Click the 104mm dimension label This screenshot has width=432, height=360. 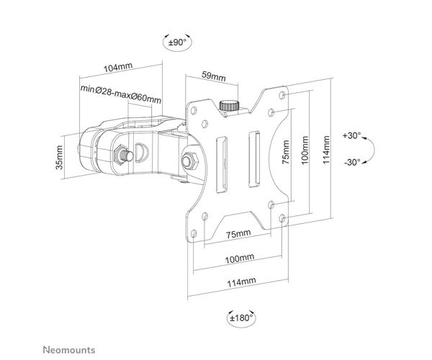(118, 67)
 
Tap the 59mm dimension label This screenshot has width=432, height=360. (214, 76)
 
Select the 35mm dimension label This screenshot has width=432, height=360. (60, 157)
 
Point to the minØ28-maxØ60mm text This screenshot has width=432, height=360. (121, 94)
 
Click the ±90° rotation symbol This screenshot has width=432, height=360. (177, 42)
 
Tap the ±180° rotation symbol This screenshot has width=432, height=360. (241, 318)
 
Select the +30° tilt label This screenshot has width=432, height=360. (351, 135)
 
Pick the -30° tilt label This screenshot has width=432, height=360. (352, 162)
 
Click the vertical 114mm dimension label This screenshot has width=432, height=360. (326, 150)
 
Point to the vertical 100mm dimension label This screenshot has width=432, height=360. (305, 150)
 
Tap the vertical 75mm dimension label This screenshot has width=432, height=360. (286, 152)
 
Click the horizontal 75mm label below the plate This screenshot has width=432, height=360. (238, 234)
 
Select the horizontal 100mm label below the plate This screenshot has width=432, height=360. (240, 258)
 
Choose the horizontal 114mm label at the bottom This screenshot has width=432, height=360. (241, 282)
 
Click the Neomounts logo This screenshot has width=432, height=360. (69, 350)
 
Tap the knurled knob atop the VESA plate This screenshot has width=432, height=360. (229, 106)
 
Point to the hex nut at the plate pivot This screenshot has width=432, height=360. (190, 161)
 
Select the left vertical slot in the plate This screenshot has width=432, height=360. (222, 165)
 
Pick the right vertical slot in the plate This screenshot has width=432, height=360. (254, 159)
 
